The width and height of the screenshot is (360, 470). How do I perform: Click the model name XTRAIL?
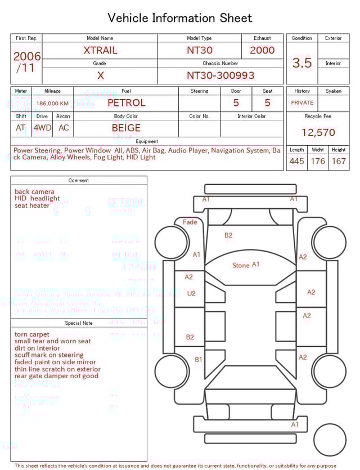101,50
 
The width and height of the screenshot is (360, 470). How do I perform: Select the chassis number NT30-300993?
220,75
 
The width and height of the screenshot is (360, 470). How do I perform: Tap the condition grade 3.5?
302,63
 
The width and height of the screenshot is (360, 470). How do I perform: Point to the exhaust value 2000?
262,50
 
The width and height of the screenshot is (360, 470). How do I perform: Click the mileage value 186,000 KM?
52,104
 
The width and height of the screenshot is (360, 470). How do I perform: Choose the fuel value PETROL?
126,103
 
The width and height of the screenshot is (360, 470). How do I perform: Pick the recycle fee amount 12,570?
318,133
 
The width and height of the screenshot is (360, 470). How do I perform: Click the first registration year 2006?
27,56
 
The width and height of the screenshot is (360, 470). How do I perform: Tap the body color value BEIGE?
126,128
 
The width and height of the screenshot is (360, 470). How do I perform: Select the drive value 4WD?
42,128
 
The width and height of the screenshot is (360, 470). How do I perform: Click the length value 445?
296,162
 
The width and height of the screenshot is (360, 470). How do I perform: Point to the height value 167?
339,162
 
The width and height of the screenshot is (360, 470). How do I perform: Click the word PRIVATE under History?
302,103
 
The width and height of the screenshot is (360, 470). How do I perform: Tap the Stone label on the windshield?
241,266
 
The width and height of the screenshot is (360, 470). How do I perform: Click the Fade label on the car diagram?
190,222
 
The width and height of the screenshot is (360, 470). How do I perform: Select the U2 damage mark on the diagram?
191,293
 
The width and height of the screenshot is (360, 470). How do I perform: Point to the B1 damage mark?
199,359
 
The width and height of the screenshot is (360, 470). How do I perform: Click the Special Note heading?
79,323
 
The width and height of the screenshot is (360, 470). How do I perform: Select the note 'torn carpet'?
32,334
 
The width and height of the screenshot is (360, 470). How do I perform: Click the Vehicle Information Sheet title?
180,18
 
